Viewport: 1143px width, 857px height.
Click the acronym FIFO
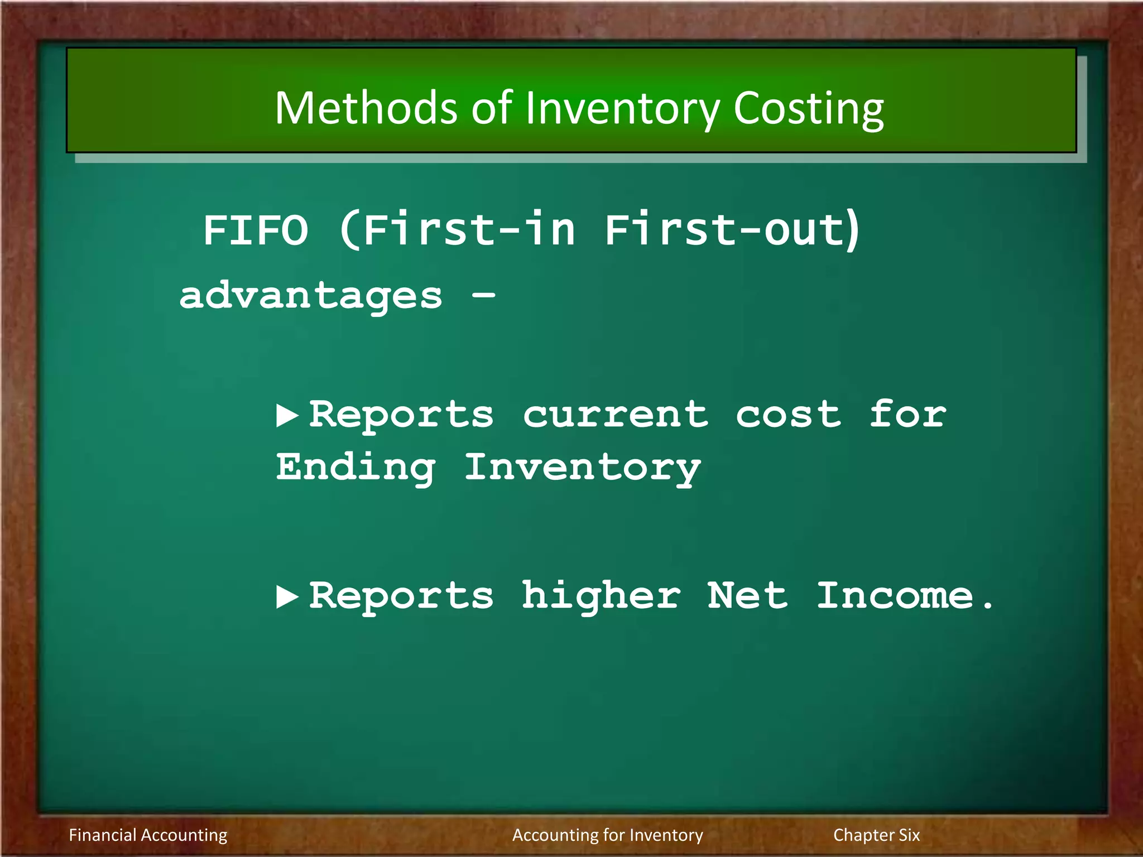coord(256,230)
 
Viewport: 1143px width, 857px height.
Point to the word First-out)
coord(733,230)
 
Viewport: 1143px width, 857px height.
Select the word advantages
coord(311,296)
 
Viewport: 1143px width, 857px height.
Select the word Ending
coord(356,468)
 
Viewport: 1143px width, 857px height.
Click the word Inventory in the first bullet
coord(582,468)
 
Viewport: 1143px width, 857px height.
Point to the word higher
coord(601,596)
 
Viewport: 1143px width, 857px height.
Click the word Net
coord(748,596)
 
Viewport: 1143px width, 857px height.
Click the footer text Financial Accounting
coord(148,835)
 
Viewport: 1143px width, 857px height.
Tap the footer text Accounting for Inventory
coord(607,835)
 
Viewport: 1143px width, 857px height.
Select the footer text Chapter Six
coord(876,835)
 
